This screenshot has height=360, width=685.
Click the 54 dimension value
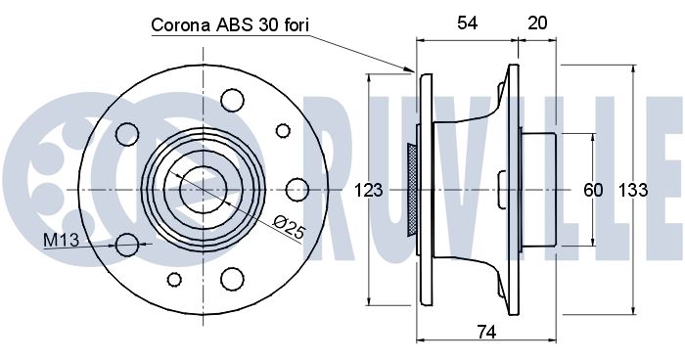467,23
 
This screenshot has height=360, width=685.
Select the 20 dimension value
537,23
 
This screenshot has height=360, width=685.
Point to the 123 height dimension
368,191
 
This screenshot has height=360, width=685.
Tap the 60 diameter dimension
593,191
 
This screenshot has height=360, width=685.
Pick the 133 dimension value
633,191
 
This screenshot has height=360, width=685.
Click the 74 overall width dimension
486,333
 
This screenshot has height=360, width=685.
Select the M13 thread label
61,240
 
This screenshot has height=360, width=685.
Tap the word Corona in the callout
181,24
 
